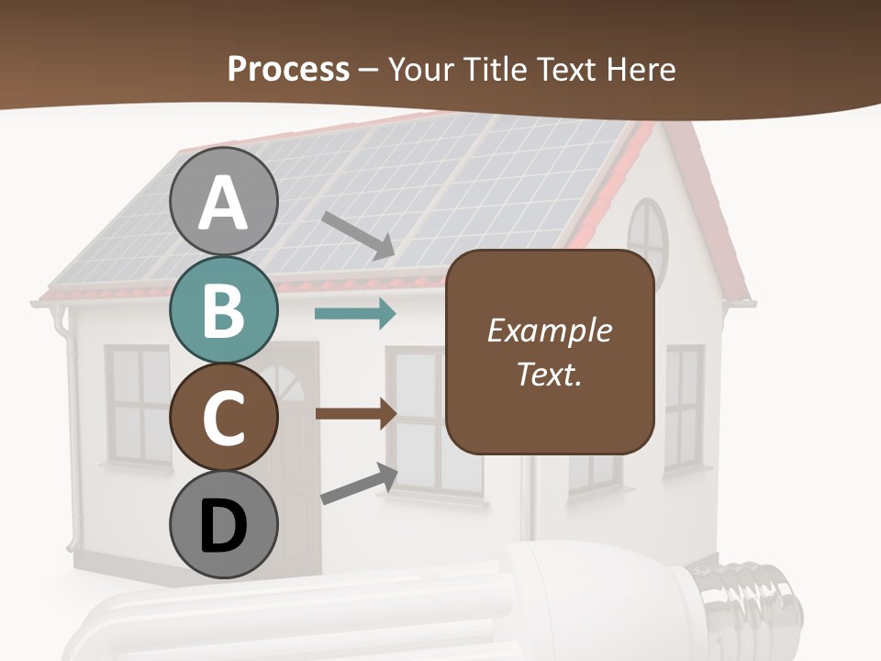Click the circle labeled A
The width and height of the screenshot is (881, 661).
pyautogui.click(x=223, y=202)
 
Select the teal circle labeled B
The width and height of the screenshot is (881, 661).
pyautogui.click(x=223, y=309)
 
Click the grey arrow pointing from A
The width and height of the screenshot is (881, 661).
pyautogui.click(x=358, y=235)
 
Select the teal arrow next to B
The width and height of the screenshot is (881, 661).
pyautogui.click(x=355, y=314)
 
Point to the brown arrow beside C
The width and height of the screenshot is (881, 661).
pyautogui.click(x=355, y=413)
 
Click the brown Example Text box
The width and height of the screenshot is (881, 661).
pyautogui.click(x=550, y=352)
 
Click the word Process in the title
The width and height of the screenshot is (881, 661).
pyautogui.click(x=288, y=69)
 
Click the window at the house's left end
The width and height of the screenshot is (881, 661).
pyautogui.click(x=139, y=404)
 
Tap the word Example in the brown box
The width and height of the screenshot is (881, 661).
pyautogui.click(x=550, y=330)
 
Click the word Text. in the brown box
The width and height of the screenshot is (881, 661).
pyautogui.click(x=550, y=374)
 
